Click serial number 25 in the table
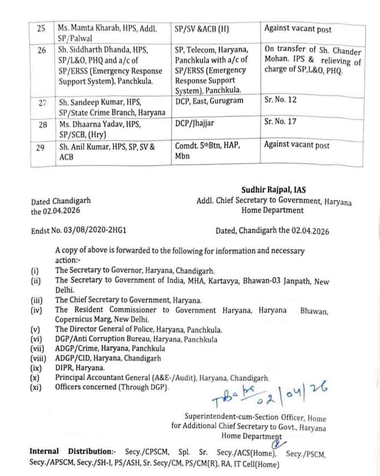[41, 29]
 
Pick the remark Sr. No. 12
[280, 100]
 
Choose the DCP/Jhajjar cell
[195, 123]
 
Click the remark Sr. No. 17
[280, 122]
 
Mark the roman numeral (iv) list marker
[36, 310]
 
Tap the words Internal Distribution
[71, 452]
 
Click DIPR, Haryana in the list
[80, 368]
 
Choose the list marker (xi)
[36, 387]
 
